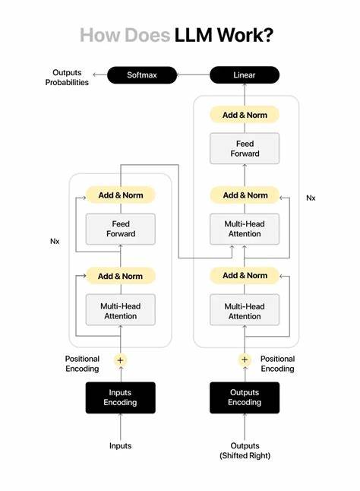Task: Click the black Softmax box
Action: pos(142,75)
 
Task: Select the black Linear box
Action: pos(245,75)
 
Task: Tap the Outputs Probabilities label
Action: pos(67,78)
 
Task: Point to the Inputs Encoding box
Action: pos(120,398)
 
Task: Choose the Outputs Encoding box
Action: pos(245,398)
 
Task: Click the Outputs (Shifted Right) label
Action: pos(245,451)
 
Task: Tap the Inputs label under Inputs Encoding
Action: pos(120,446)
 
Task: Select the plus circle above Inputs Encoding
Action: pos(120,360)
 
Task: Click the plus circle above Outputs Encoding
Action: pos(245,360)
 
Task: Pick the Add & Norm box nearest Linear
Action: pos(245,115)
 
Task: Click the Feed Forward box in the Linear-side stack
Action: pos(245,148)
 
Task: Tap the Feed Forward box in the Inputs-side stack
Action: pos(120,229)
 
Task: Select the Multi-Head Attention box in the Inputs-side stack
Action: pos(120,311)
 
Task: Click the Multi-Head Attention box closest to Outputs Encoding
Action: pos(245,311)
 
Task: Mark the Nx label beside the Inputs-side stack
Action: pos(55,242)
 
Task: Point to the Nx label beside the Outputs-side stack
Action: pos(311,198)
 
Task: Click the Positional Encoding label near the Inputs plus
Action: pos(82,363)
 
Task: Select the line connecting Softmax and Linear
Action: pos(194,75)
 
